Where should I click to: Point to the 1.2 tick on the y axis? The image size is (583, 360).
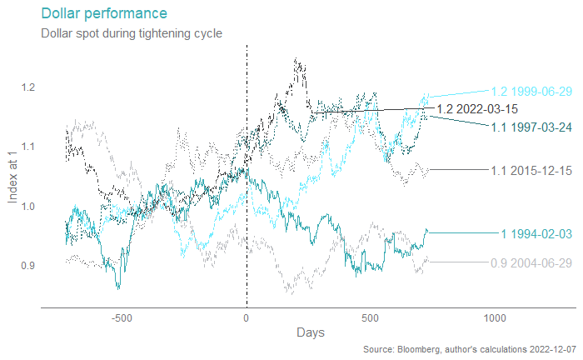click(x=27, y=87)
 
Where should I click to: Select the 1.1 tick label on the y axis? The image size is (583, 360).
click(x=27, y=147)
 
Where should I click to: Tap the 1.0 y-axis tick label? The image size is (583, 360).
click(x=27, y=206)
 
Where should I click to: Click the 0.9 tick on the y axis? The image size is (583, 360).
click(x=27, y=265)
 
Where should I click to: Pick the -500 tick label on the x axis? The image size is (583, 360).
click(x=122, y=317)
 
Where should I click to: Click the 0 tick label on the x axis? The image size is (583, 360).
click(x=247, y=317)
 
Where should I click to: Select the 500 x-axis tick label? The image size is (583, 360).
click(x=371, y=317)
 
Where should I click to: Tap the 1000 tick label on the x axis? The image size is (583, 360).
click(x=495, y=317)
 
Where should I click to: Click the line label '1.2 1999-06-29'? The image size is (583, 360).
click(x=531, y=92)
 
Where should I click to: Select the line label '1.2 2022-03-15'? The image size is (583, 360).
click(x=477, y=108)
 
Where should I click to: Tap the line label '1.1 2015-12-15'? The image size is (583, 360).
click(x=531, y=171)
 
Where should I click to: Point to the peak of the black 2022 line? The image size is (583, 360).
click(x=296, y=59)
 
